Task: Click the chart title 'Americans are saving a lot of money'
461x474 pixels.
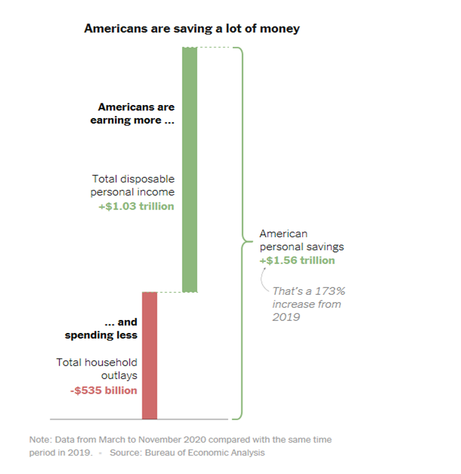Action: click(191, 28)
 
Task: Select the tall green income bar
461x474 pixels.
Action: click(189, 169)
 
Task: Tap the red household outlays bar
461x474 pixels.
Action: click(150, 355)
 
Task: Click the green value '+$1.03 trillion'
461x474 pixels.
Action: click(136, 206)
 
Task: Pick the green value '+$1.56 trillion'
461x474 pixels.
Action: click(297, 261)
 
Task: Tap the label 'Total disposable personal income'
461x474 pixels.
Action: click(133, 185)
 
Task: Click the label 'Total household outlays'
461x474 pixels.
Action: click(97, 369)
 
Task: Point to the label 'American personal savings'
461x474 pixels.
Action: click(301, 240)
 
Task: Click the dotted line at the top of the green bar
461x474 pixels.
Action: click(213, 48)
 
